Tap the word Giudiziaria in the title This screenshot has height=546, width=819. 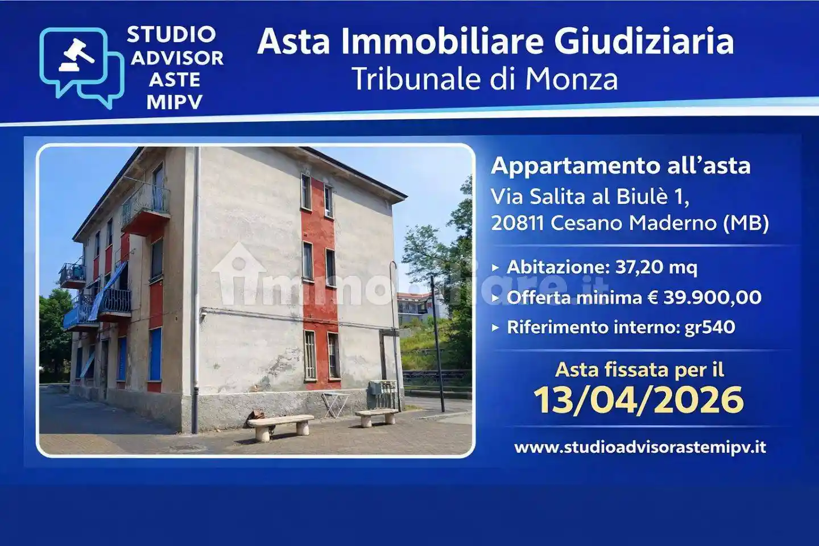click(644, 42)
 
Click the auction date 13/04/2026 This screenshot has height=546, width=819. click(639, 399)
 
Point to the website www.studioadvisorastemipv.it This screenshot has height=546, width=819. click(640, 447)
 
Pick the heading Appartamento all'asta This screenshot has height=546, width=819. click(621, 166)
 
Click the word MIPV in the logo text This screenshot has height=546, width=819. click(174, 102)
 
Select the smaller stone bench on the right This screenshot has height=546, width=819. click(376, 416)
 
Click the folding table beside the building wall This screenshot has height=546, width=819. click(335, 403)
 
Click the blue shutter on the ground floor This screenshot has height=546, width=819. click(155, 354)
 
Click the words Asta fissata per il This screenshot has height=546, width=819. click(639, 370)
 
